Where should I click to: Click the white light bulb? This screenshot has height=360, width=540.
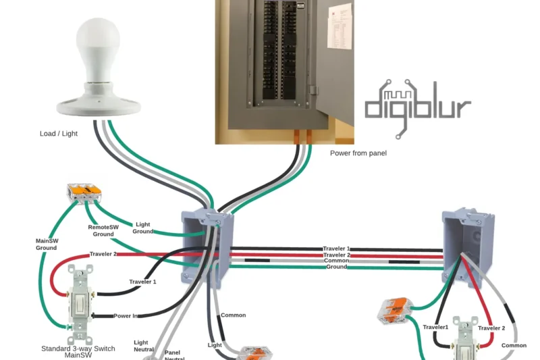pyautogui.click(x=99, y=51)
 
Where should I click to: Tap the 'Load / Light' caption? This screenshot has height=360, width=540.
pyautogui.click(x=59, y=134)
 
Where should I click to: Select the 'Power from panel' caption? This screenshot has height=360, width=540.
pyautogui.click(x=358, y=153)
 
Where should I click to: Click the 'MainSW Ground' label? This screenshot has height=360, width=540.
pyautogui.click(x=47, y=245)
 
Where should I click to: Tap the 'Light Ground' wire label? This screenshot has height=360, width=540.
pyautogui.click(x=143, y=228)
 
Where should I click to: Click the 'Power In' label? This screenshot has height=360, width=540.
pyautogui.click(x=128, y=315)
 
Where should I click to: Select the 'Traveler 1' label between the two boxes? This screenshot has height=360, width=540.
pyautogui.click(x=336, y=249)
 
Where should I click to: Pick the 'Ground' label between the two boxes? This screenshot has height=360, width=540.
pyautogui.click(x=336, y=267)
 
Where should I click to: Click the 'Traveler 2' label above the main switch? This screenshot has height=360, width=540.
pyautogui.click(x=103, y=255)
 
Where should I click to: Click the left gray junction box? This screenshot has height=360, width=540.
pyautogui.click(x=206, y=247)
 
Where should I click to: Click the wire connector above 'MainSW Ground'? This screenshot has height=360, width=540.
pyautogui.click(x=84, y=193)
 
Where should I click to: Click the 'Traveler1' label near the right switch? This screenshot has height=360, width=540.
pyautogui.click(x=435, y=327)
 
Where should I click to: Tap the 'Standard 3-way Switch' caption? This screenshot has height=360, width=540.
pyautogui.click(x=78, y=349)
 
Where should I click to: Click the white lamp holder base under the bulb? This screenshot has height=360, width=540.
pyautogui.click(x=99, y=101)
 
